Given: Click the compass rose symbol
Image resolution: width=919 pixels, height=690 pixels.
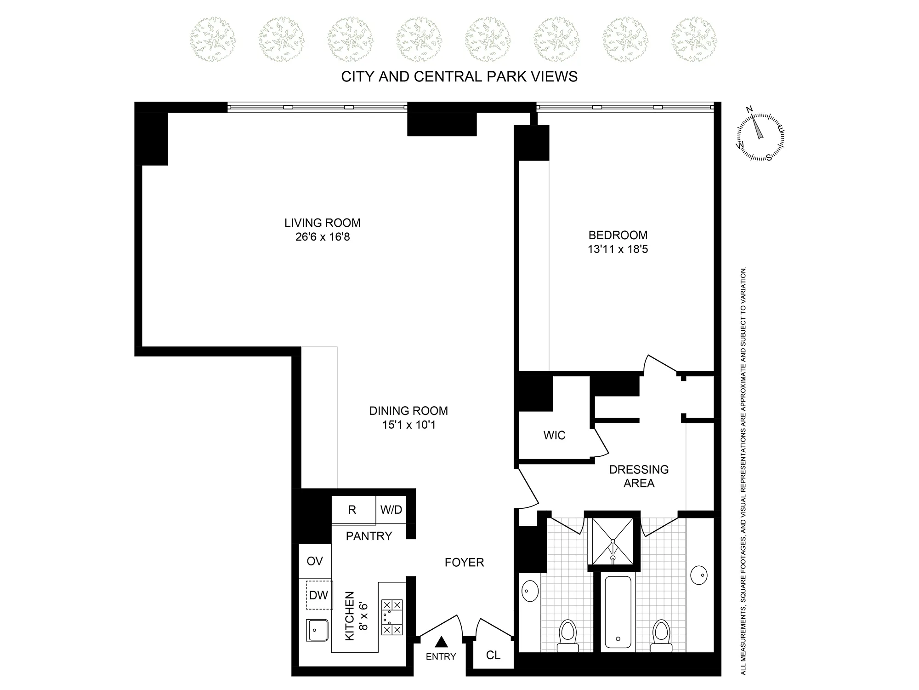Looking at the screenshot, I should click(x=760, y=137).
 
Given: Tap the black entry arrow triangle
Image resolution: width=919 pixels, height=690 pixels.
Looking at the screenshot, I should click(x=441, y=642).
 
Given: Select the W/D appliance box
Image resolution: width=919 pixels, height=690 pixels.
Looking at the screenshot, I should click(x=391, y=510).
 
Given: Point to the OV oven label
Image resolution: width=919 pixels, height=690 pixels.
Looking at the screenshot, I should click(x=315, y=561).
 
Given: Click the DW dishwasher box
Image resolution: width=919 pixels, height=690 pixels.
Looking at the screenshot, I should click(x=319, y=595).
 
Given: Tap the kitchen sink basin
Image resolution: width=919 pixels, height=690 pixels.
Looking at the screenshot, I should click(x=318, y=630).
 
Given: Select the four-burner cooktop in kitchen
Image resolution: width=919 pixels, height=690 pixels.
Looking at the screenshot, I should click(x=392, y=617).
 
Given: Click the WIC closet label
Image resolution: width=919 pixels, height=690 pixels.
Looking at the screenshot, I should click(x=554, y=435).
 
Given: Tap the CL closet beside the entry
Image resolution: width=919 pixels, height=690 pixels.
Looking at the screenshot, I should click(x=493, y=655).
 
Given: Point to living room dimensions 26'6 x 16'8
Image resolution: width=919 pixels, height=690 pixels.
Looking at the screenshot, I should click(x=323, y=237).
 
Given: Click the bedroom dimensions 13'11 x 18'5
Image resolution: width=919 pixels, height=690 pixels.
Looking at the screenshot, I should click(x=618, y=249).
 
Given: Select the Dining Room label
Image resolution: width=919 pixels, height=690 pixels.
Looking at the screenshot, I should click(x=408, y=410).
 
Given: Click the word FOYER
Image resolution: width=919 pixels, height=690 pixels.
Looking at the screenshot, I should click(x=464, y=562).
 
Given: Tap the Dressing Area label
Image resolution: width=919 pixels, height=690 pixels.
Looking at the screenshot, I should click(x=639, y=476).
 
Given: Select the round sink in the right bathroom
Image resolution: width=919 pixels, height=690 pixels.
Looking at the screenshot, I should click(x=699, y=575).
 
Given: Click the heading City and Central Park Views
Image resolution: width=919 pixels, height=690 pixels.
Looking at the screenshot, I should click(x=459, y=76).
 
